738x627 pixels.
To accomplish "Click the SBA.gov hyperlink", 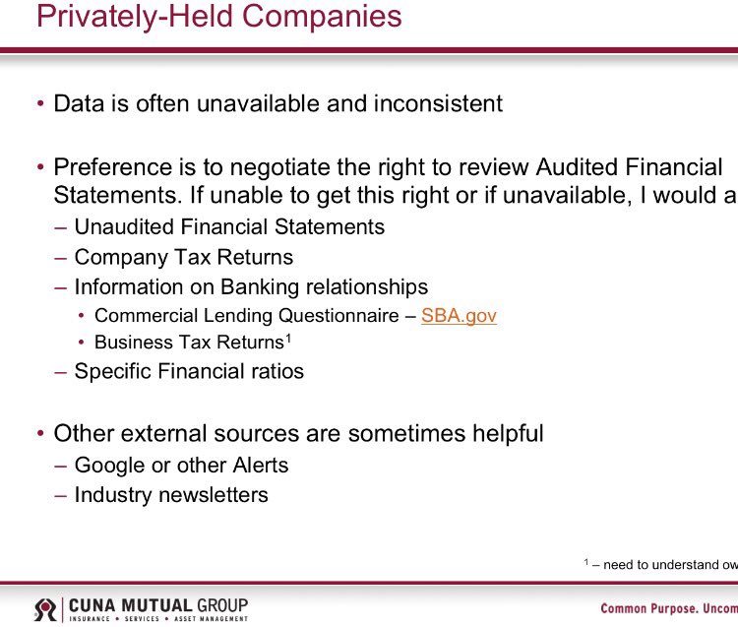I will [x=459, y=316].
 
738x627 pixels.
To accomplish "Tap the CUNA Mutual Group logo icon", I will [x=45, y=609].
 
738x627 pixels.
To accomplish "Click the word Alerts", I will [x=255, y=465].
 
